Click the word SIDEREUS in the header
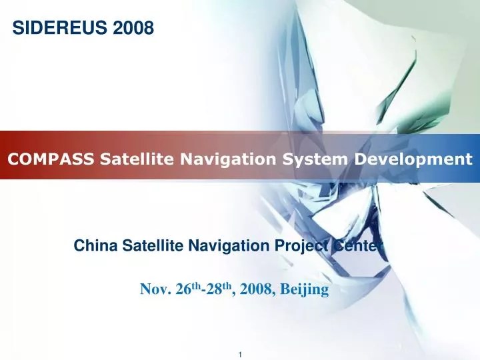(x=54, y=28)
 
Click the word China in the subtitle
(x=91, y=246)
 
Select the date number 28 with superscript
(x=215, y=289)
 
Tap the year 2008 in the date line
(x=255, y=289)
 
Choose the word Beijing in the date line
(x=305, y=290)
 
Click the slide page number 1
(x=240, y=352)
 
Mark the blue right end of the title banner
(x=475, y=156)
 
